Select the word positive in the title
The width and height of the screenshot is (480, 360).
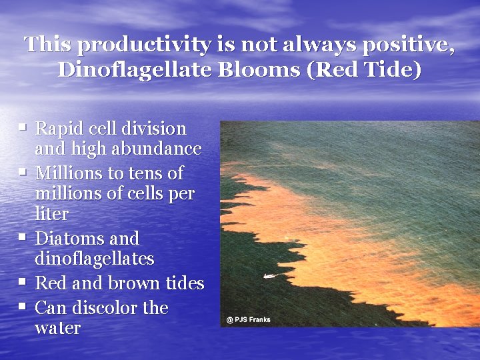(x=407, y=45)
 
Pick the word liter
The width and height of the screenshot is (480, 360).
(x=51, y=214)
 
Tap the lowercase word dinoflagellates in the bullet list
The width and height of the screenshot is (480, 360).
(x=94, y=258)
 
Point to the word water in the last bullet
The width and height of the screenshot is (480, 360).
(x=57, y=328)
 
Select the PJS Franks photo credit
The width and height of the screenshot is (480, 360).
(x=249, y=320)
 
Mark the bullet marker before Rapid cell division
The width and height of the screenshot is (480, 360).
(x=23, y=125)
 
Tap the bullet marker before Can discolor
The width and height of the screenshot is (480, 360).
(x=23, y=305)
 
